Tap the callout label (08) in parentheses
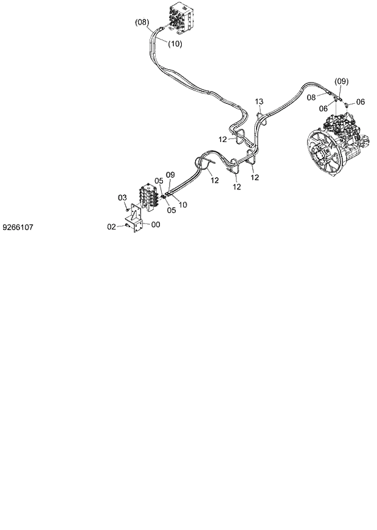click(x=141, y=22)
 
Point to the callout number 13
click(x=258, y=101)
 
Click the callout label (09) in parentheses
click(x=341, y=81)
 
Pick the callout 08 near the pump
click(x=311, y=97)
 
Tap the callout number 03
click(x=122, y=198)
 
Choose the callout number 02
click(x=111, y=226)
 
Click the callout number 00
click(x=156, y=225)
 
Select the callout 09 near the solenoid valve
click(x=170, y=174)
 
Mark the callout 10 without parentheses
click(x=183, y=205)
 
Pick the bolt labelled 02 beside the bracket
click(x=126, y=226)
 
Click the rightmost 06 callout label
click(x=360, y=101)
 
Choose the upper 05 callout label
click(x=158, y=180)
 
